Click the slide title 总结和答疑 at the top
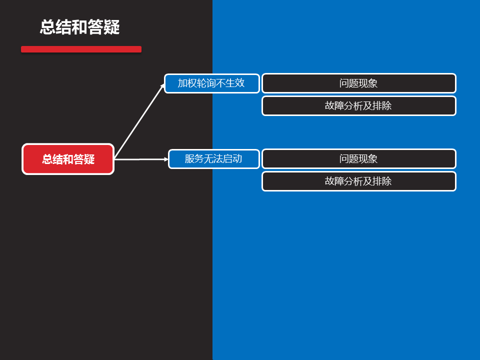pos(80,27)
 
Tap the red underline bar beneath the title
pos(81,49)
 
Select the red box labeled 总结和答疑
pos(68,159)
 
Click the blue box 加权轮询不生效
pos(211,83)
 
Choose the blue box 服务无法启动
pos(213,159)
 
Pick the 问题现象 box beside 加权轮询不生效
pos(358,83)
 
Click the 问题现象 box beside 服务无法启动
pos(358,159)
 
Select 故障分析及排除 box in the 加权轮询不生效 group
pos(358,106)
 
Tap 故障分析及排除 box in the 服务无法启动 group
pos(358,181)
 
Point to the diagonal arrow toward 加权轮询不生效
pos(139,122)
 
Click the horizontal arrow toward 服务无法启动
pos(140,159)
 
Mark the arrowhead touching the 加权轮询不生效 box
pos(162,86)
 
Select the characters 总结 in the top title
pos(55,27)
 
